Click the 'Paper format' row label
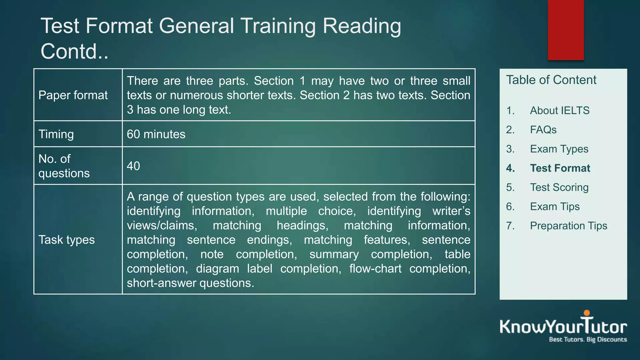(73, 95)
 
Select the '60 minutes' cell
(156, 134)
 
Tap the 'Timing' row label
(56, 134)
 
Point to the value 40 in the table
(133, 166)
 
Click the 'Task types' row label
(67, 240)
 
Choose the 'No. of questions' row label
(64, 166)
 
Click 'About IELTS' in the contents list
(559, 111)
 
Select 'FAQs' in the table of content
(543, 130)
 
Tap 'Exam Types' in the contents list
(559, 149)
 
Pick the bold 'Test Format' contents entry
(560, 168)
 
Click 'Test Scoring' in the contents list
(559, 187)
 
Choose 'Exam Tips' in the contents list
(555, 207)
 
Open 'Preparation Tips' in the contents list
(568, 226)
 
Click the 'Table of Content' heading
(551, 80)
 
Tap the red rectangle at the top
(566, 30)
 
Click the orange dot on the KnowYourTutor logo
(587, 313)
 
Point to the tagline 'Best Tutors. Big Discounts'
(588, 339)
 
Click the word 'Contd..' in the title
(75, 51)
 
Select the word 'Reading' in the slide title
(362, 26)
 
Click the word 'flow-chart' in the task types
(375, 268)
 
